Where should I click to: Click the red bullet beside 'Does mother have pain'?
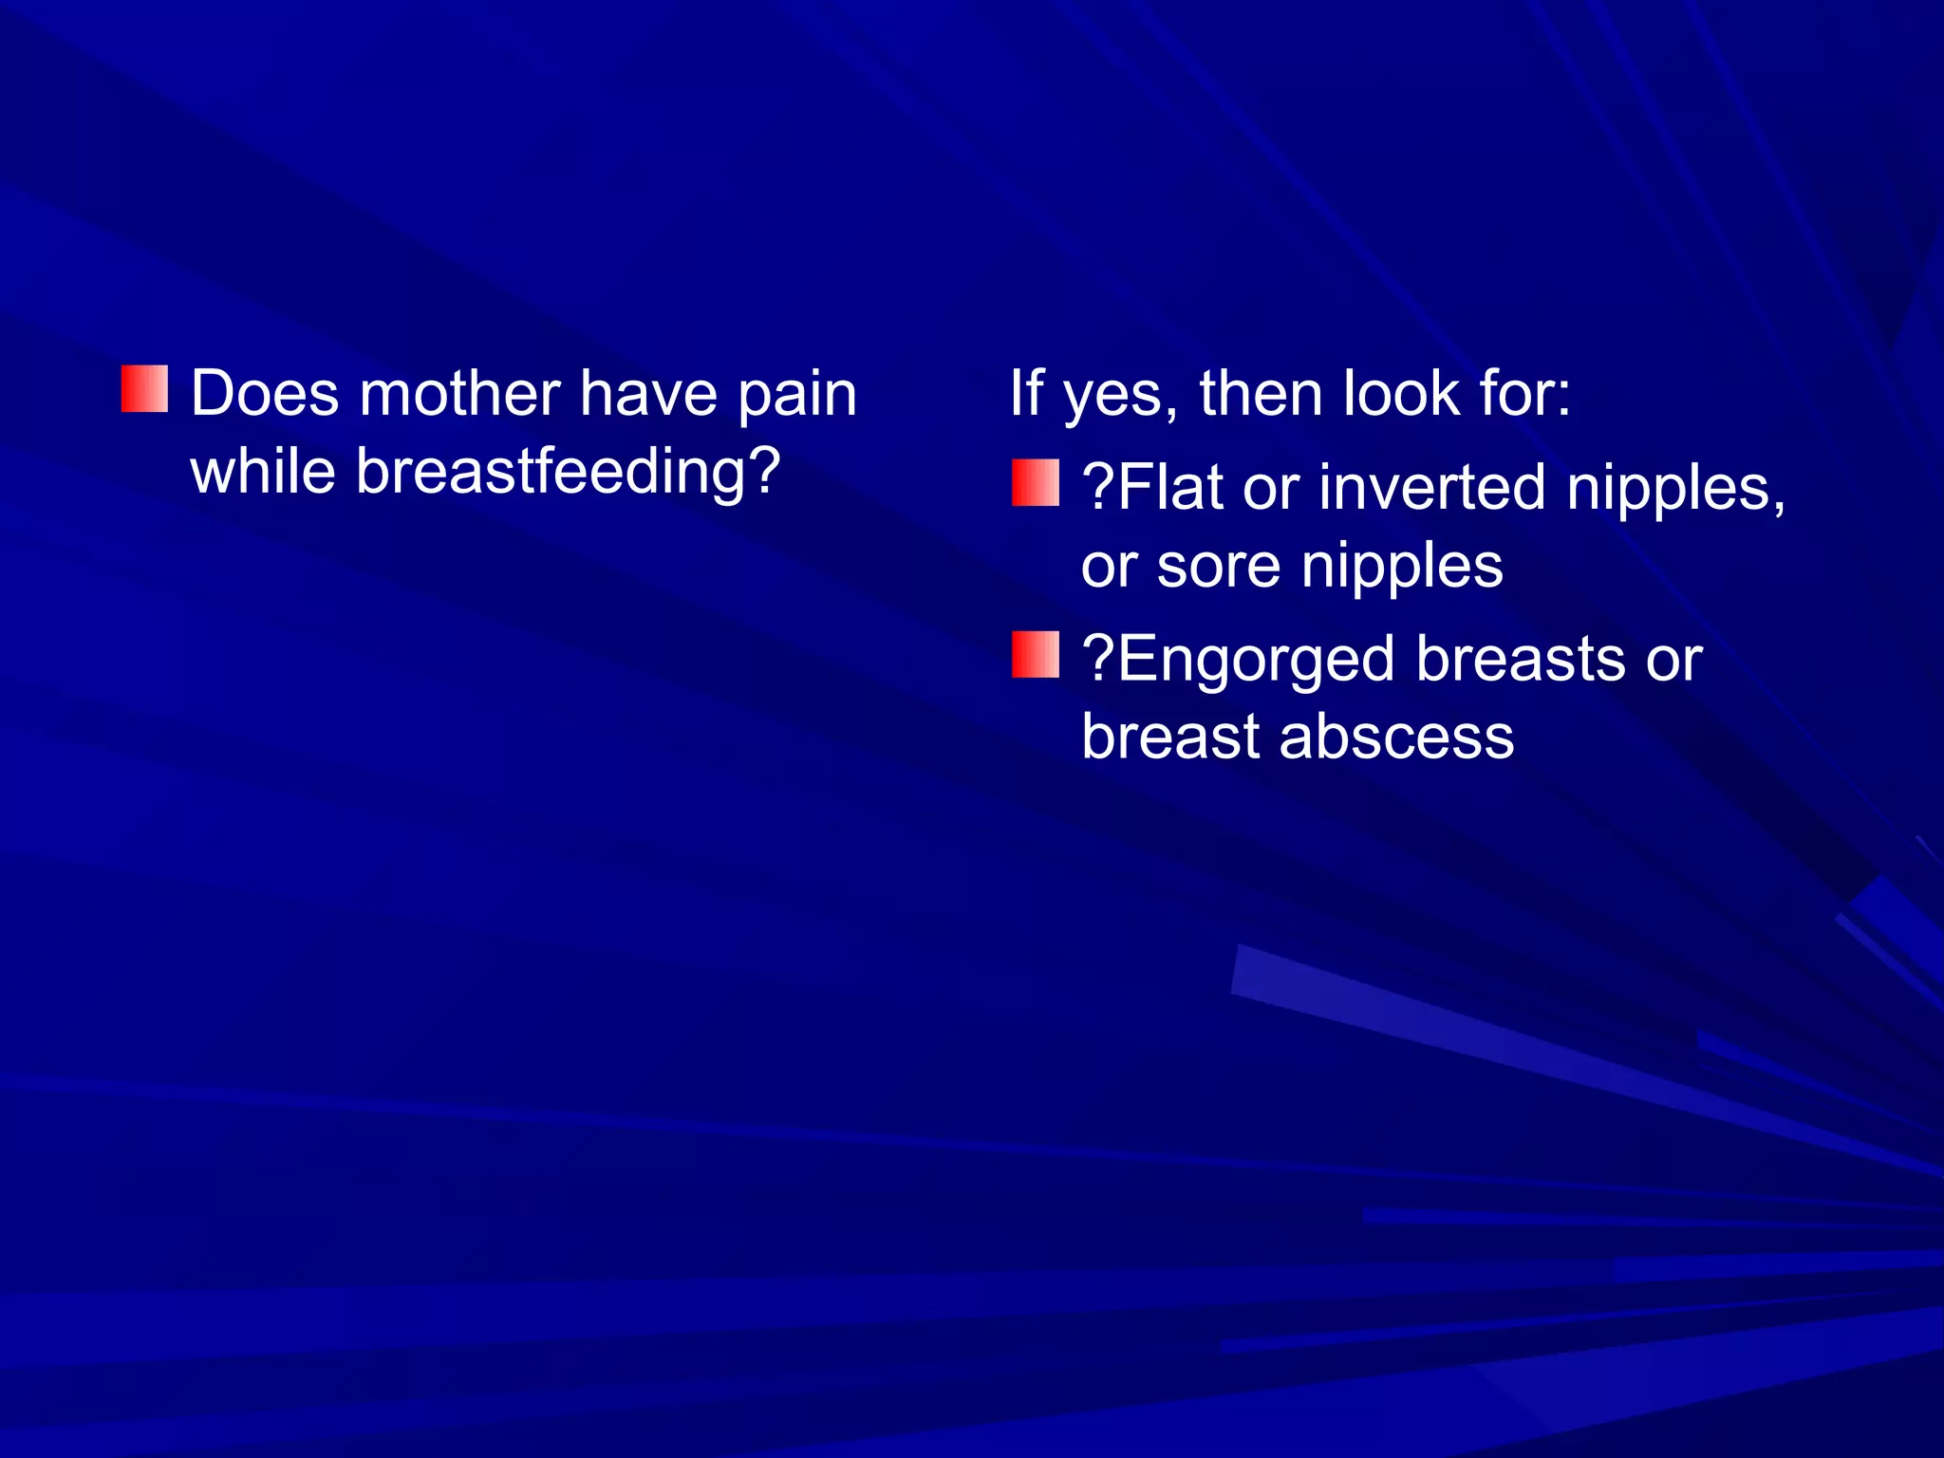(144, 389)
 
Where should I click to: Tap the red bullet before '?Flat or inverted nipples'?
(1035, 483)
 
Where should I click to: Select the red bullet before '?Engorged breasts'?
(1035, 655)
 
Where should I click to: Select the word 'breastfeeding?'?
(568, 472)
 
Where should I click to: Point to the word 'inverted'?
(1431, 487)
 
